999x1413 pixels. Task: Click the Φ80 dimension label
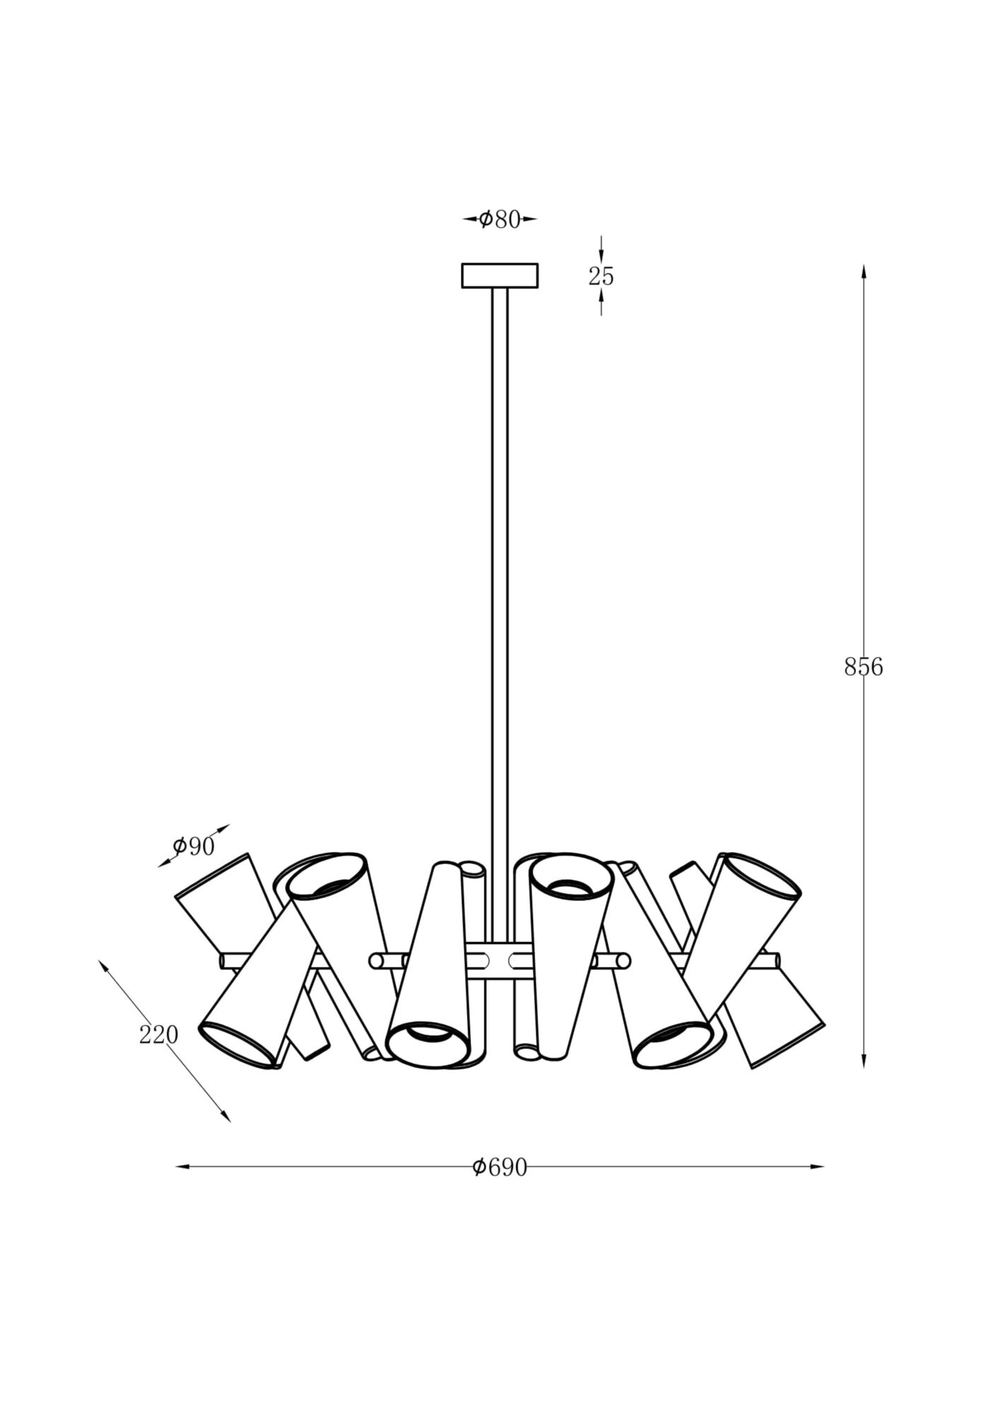click(x=500, y=220)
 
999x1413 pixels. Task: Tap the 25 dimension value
click(x=601, y=276)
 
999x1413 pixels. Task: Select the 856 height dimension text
click(x=863, y=667)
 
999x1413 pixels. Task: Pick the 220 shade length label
click(x=158, y=1035)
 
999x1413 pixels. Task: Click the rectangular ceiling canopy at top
click(x=500, y=276)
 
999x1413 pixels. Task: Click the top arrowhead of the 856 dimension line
click(x=863, y=272)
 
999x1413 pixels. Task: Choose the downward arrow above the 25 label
click(x=601, y=256)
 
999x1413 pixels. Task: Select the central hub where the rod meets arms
click(x=500, y=960)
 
